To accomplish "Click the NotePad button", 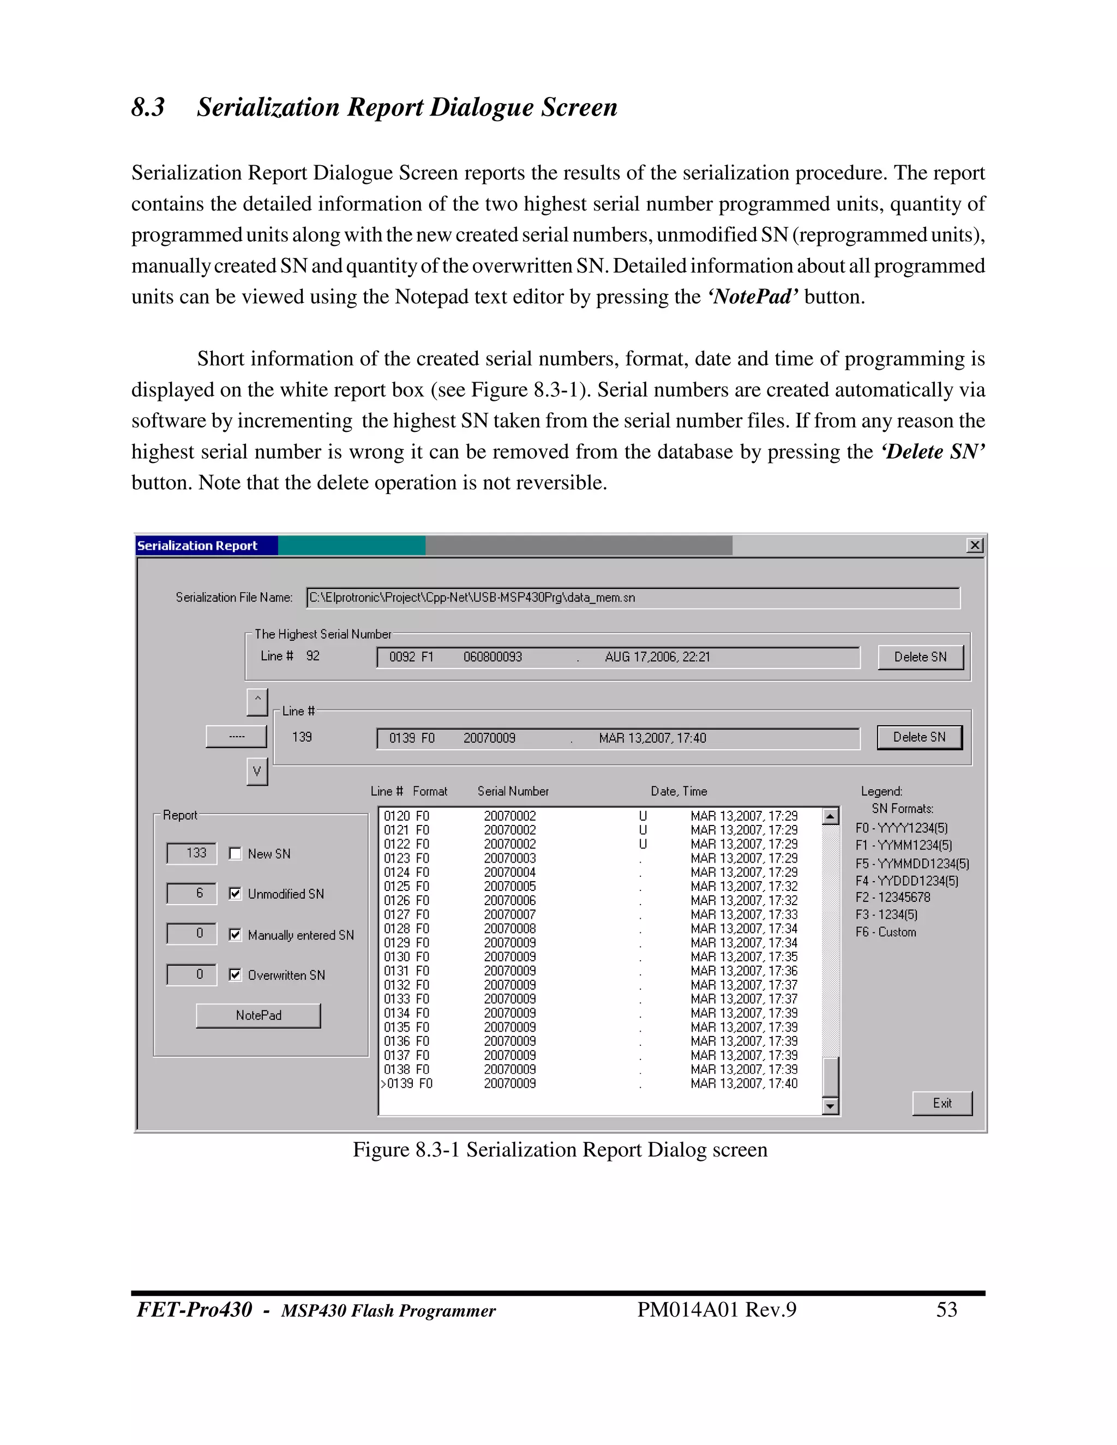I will (x=258, y=1015).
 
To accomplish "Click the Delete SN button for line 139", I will (x=919, y=737).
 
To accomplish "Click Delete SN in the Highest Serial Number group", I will (x=920, y=657).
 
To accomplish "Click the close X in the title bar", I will (x=975, y=545).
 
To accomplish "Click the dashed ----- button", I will (x=236, y=736).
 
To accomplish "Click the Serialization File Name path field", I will (x=633, y=598).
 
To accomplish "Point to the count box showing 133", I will (x=192, y=853).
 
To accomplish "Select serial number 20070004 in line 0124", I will (x=509, y=872).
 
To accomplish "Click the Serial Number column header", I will (x=513, y=791).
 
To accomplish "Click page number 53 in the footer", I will (x=946, y=1309).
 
